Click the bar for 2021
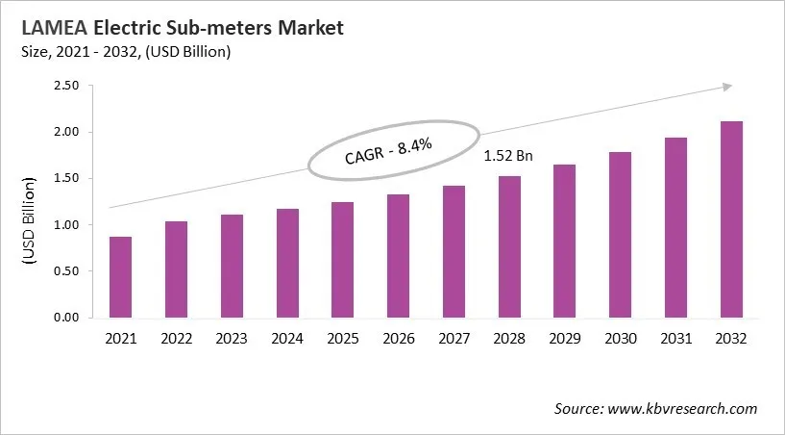pyautogui.click(x=121, y=277)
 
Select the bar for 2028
pyautogui.click(x=508, y=247)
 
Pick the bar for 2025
pyautogui.click(x=342, y=260)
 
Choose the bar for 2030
pyautogui.click(x=620, y=235)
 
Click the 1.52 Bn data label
pyautogui.click(x=507, y=154)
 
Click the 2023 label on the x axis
pyautogui.click(x=232, y=338)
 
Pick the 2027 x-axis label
pyautogui.click(x=454, y=338)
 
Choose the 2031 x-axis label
pyautogui.click(x=675, y=338)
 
